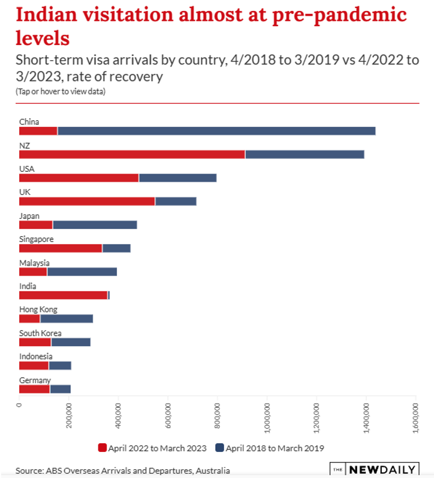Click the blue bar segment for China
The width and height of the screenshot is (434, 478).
(x=216, y=131)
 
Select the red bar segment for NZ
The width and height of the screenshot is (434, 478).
(x=132, y=155)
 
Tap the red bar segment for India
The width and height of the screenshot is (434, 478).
(x=63, y=295)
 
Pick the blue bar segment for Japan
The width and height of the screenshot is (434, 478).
(x=95, y=225)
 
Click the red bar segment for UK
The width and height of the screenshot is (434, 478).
(x=87, y=201)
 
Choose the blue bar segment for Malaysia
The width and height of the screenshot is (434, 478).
(x=82, y=271)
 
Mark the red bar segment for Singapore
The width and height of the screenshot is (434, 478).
(x=60, y=248)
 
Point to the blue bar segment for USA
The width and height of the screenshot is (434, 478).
(x=178, y=178)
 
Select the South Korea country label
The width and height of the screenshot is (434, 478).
(x=40, y=333)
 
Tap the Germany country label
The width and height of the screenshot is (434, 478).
(x=35, y=380)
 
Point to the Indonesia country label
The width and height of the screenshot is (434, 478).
(x=36, y=356)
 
